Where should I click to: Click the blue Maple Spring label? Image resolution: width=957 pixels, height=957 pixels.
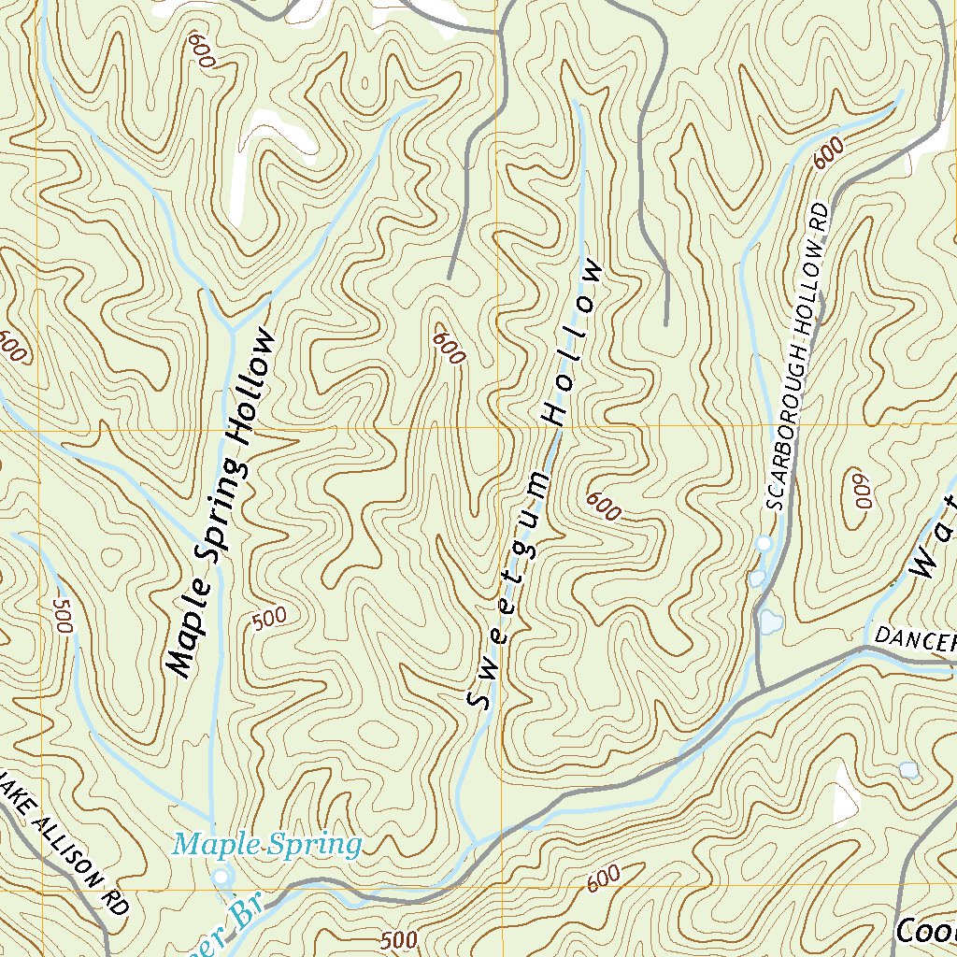coord(267,846)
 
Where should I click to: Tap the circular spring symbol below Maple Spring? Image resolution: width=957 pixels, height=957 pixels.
coord(221,876)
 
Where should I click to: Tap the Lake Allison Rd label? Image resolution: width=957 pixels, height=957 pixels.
coord(64,841)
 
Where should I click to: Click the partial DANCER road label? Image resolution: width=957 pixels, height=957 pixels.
coord(914,640)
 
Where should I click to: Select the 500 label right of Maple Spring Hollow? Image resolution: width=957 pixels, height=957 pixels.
coord(269,620)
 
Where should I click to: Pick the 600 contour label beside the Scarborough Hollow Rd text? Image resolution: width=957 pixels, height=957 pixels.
coord(829,152)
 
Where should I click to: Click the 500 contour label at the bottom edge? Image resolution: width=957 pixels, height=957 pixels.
coord(400,939)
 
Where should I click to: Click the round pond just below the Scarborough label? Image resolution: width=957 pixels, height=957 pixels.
coord(764,542)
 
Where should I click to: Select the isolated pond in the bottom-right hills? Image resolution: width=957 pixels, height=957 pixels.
coord(907,769)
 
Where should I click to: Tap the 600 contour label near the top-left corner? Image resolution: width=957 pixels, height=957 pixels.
coord(201,50)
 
